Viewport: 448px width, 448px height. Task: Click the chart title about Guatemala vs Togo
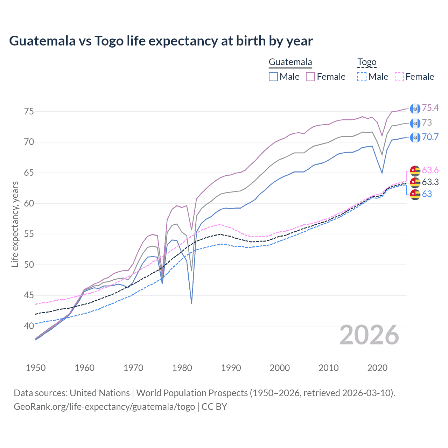pos(161,41)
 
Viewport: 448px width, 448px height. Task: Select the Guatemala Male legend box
pos(273,77)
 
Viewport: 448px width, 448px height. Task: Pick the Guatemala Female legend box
pos(310,77)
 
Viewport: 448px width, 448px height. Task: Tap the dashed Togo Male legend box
pos(362,77)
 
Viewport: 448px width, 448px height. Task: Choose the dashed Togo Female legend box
pos(399,77)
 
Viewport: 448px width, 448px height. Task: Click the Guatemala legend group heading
pos(290,62)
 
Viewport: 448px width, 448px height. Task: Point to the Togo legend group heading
pos(366,62)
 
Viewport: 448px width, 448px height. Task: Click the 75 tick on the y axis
pos(29,111)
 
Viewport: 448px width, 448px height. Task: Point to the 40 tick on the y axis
pos(29,326)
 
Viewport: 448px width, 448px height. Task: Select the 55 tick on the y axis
pos(29,234)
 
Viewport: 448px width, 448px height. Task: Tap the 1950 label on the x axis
pos(36,368)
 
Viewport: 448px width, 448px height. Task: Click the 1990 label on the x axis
pos(231,368)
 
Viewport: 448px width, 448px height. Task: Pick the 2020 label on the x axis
pos(377,368)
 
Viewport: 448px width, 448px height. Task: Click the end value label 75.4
pos(430,108)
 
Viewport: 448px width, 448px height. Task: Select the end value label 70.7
pos(430,137)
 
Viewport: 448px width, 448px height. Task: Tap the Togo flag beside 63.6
pos(415,170)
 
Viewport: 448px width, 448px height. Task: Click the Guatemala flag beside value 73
pos(415,123)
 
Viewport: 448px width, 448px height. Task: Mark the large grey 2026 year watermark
pos(369,335)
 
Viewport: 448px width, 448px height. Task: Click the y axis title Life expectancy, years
pos(15,224)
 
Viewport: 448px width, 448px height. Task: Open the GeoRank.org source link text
pos(104,407)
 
